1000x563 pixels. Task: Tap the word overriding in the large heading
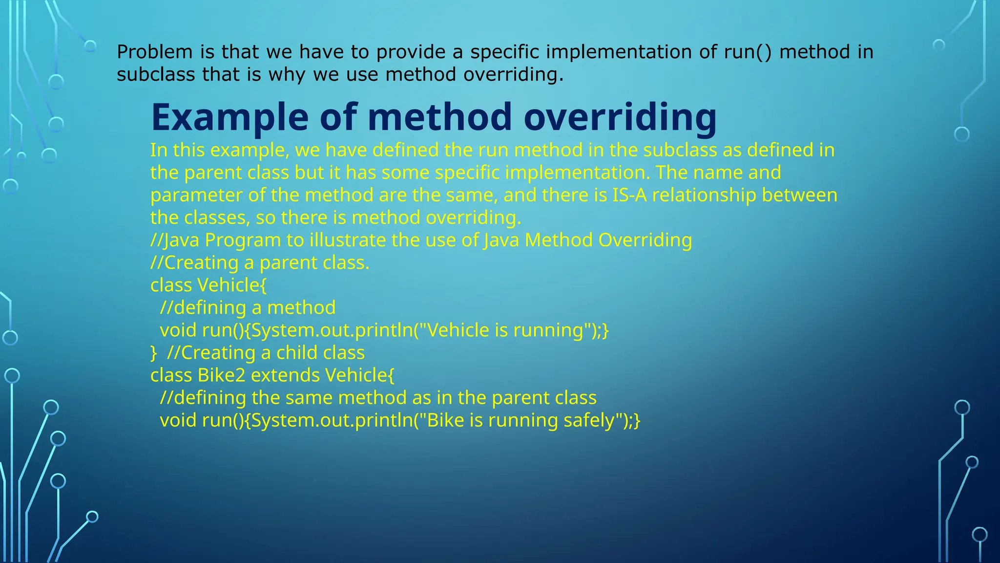click(620, 117)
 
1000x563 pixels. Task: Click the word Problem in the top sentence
click(155, 52)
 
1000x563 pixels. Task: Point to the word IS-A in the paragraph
click(629, 195)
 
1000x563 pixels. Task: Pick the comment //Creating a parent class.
click(260, 263)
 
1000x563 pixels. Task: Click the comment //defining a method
click(248, 308)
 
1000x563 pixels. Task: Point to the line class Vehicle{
click(208, 285)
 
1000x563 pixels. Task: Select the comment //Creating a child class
click(266, 353)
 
